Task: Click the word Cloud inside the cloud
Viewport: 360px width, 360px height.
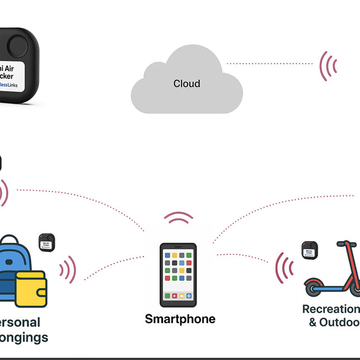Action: click(x=186, y=84)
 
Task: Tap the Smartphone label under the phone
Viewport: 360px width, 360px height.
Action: click(x=180, y=319)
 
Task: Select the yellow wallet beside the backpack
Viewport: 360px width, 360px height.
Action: click(x=31, y=289)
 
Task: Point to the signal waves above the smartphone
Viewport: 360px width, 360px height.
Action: click(x=179, y=218)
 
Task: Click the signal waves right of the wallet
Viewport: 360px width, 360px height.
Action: click(x=69, y=270)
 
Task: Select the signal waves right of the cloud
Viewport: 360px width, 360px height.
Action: click(x=328, y=66)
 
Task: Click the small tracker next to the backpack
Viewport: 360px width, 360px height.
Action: click(x=46, y=244)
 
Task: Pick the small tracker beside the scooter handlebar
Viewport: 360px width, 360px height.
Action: click(x=309, y=250)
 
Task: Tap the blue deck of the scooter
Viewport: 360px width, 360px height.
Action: click(x=329, y=287)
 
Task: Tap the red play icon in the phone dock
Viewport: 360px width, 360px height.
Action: click(x=174, y=295)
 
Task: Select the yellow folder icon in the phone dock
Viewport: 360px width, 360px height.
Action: click(x=181, y=295)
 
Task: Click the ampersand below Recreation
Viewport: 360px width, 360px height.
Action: click(x=313, y=323)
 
